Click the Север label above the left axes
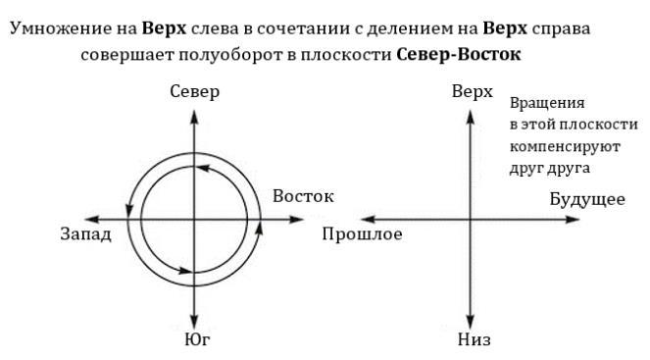click(x=194, y=92)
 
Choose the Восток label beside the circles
click(x=303, y=196)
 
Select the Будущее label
click(x=587, y=200)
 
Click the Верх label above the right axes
click(x=472, y=92)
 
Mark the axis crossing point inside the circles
click(x=194, y=218)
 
